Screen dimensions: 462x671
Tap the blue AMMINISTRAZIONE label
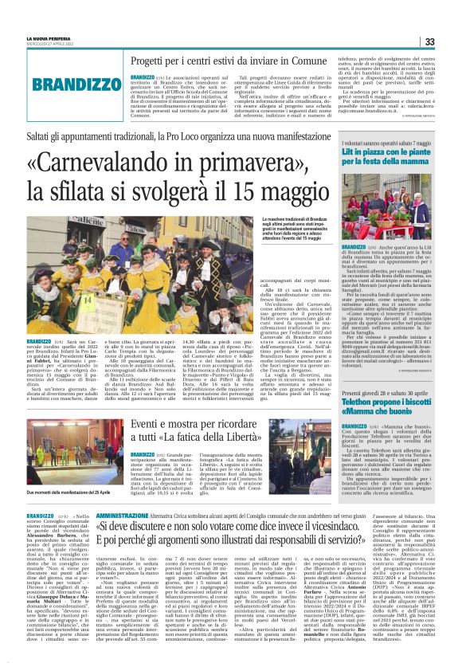tap(122, 517)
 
